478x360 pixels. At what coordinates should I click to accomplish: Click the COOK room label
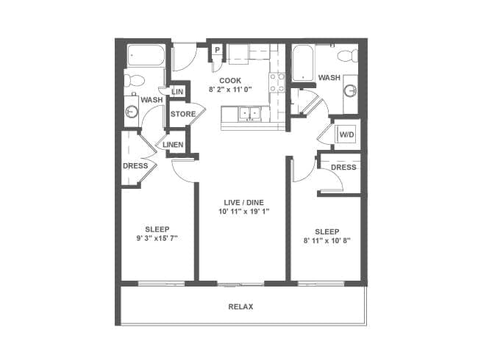coord(230,80)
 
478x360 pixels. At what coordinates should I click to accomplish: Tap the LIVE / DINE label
coord(244,202)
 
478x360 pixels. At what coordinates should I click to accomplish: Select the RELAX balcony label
coord(240,306)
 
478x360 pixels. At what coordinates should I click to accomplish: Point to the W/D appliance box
coord(346,134)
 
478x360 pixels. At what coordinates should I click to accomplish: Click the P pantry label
coord(218,50)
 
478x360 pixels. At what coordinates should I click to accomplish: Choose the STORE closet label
coord(183,114)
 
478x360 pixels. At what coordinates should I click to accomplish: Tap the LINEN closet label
coord(173,145)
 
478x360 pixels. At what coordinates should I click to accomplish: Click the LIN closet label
coord(177,91)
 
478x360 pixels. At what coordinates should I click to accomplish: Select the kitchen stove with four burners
coord(277,82)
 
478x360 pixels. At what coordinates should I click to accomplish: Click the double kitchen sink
coord(249,114)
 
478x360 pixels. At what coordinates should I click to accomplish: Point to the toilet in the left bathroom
coord(134,80)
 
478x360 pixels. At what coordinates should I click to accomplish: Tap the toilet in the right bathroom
coord(348,56)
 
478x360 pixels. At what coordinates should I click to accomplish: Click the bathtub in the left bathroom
coord(146,55)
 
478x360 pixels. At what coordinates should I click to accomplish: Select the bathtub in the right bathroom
coord(303,63)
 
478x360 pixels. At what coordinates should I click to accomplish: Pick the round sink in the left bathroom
coord(132,112)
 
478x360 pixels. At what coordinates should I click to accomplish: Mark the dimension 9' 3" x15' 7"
coord(157,238)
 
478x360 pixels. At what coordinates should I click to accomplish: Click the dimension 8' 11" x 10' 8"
coord(327,240)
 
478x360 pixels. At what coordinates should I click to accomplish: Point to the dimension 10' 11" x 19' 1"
coord(244,211)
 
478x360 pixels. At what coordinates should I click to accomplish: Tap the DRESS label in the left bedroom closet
coord(135,166)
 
